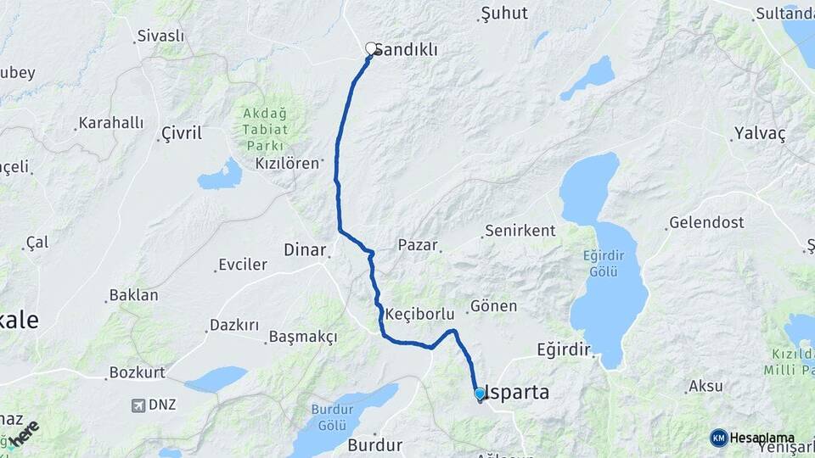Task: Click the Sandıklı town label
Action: click(x=406, y=50)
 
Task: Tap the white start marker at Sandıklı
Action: click(x=371, y=48)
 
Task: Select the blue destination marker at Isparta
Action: click(x=480, y=394)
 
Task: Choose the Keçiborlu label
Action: click(x=420, y=314)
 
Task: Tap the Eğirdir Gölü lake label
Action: click(x=604, y=262)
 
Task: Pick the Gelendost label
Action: click(x=706, y=223)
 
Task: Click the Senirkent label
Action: click(x=520, y=231)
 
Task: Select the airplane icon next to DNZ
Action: click(x=138, y=405)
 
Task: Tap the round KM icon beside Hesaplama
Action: click(x=719, y=438)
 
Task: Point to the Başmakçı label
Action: click(x=302, y=338)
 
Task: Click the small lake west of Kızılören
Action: click(x=220, y=176)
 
